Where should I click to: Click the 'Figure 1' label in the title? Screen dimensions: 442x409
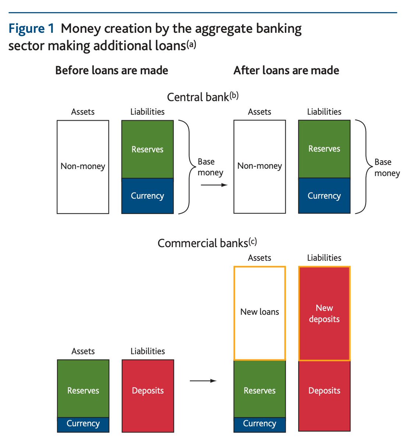coord(31,29)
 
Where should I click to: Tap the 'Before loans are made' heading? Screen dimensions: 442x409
coord(112,70)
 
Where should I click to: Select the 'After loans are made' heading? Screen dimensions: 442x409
coord(286,70)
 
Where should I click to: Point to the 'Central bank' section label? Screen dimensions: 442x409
coord(202,97)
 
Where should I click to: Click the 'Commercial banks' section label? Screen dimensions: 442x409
coord(207,243)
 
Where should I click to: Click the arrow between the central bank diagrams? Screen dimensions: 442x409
coord(214,185)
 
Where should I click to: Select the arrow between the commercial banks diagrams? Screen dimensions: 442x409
coord(203,380)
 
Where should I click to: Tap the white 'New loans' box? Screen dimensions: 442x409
coord(260,313)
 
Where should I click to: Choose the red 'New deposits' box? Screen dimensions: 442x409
coord(324,313)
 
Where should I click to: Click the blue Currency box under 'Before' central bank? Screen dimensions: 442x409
coord(147,196)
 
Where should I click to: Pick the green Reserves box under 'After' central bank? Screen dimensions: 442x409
coord(324,149)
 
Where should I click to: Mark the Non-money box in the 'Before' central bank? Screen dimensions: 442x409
coord(83,166)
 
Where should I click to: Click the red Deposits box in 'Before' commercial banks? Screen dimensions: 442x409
coord(148,396)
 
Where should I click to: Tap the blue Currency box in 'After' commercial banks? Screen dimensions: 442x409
coord(260,424)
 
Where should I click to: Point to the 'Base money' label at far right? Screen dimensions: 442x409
coord(387,168)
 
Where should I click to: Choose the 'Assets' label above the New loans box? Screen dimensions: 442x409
coord(260,258)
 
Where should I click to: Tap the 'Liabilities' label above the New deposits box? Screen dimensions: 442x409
coord(324,258)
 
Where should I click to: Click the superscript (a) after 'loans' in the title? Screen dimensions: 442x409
coord(191,45)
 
